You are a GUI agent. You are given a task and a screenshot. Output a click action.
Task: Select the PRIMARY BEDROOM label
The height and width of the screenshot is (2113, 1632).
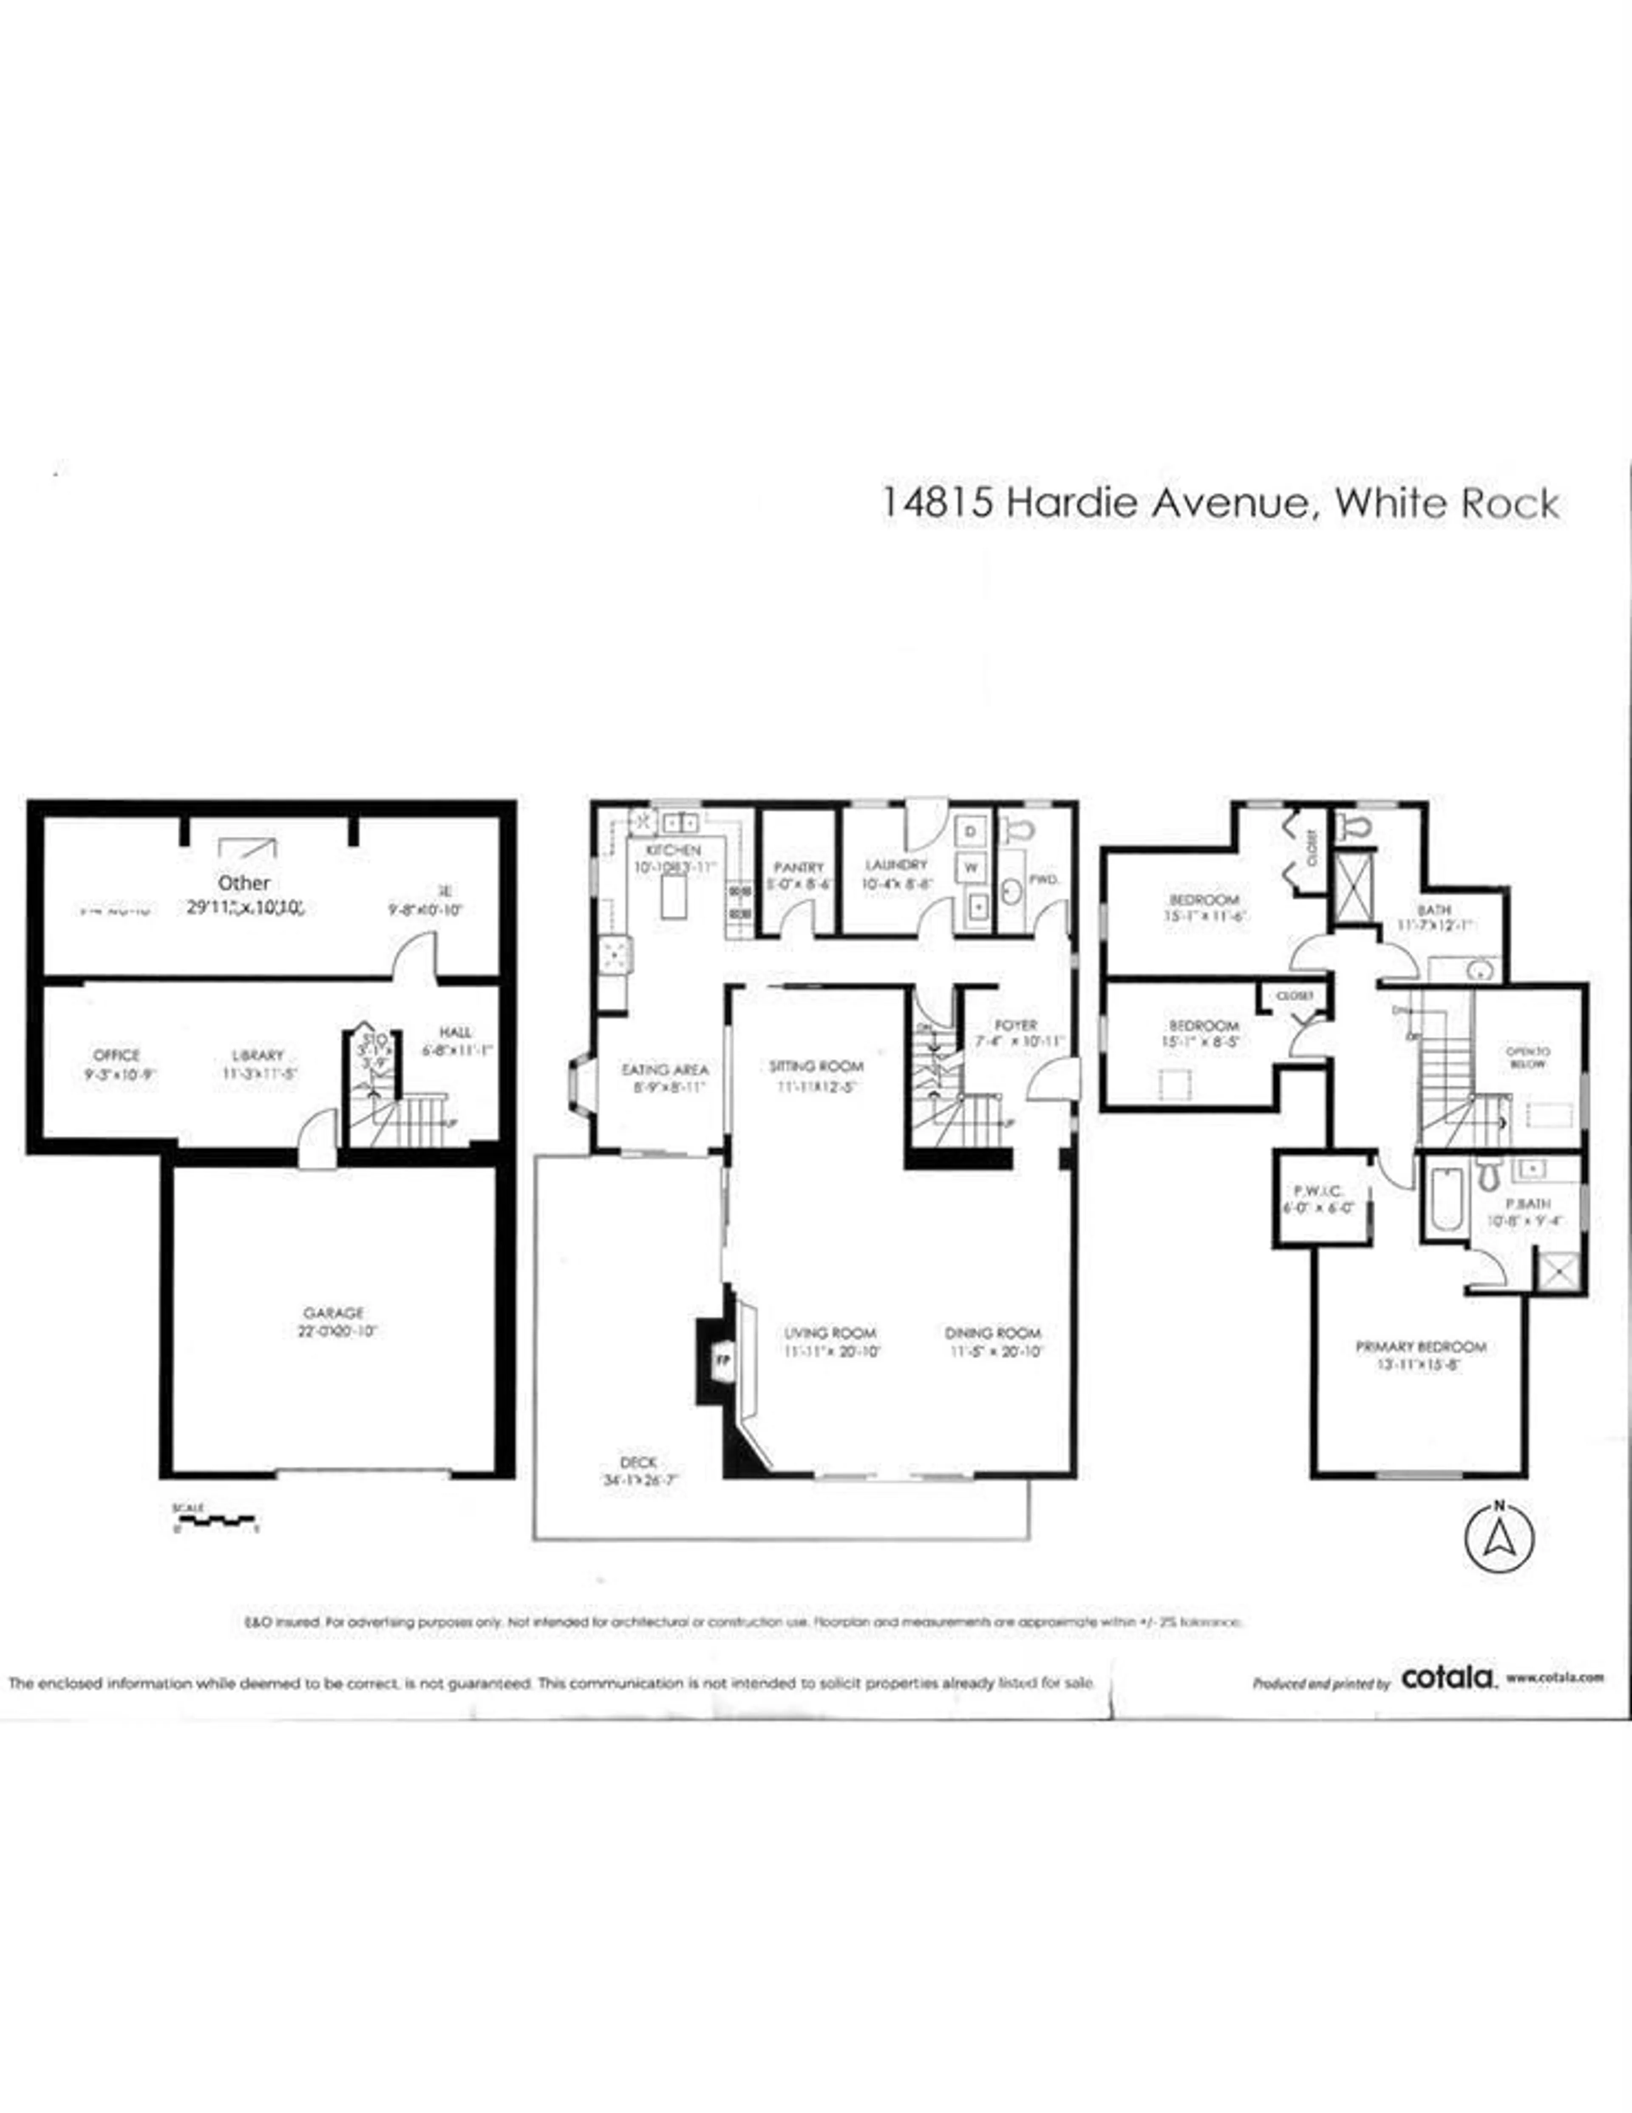click(x=1420, y=1347)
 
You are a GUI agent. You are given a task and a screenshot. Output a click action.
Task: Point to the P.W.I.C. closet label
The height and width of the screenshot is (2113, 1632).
click(x=1317, y=1192)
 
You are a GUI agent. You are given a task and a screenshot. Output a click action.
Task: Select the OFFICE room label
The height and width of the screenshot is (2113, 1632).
click(x=117, y=1054)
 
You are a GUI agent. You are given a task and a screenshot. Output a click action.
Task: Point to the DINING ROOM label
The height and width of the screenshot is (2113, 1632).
click(x=992, y=1333)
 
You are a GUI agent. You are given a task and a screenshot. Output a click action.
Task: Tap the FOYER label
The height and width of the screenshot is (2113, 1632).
click(x=1015, y=1025)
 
